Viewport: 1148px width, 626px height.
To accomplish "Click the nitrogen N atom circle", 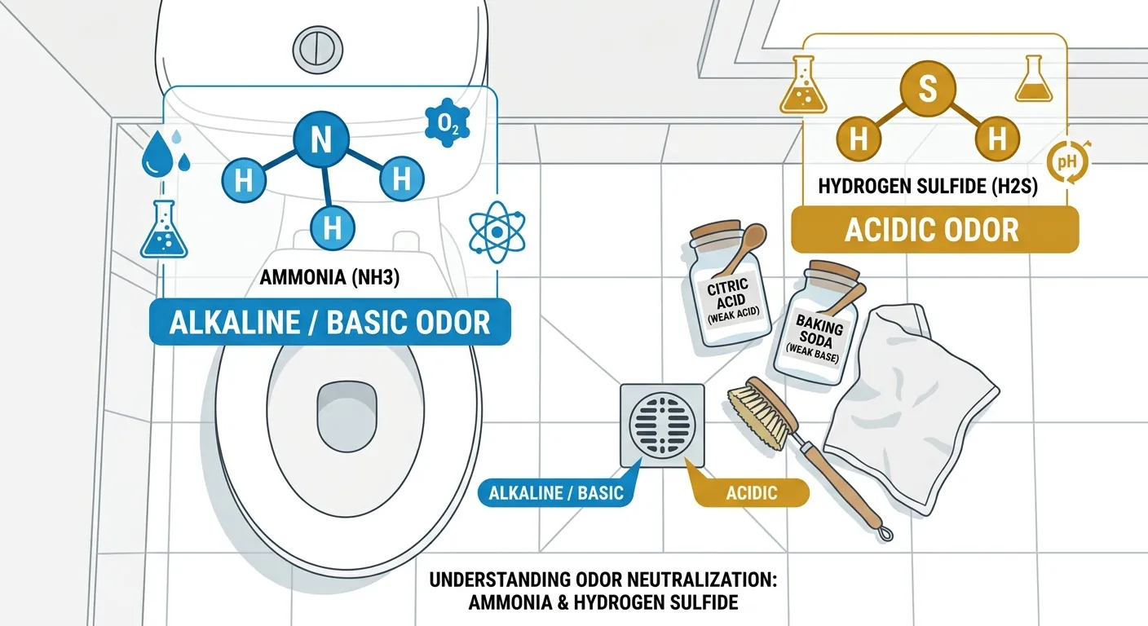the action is pyautogui.click(x=321, y=139).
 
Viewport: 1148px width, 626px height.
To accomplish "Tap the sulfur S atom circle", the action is pyautogui.click(x=928, y=88).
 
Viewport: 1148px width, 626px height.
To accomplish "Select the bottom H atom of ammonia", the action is pyautogui.click(x=332, y=227).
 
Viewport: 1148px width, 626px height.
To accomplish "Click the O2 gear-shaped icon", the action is pyautogui.click(x=448, y=123).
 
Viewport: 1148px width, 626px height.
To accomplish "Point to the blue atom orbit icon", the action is pyautogui.click(x=497, y=231).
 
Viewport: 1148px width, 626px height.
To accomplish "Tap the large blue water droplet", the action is pyautogui.click(x=156, y=154).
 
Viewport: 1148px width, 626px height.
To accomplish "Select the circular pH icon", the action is pyautogui.click(x=1068, y=162).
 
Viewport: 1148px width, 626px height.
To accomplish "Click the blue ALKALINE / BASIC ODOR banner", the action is pyautogui.click(x=329, y=322).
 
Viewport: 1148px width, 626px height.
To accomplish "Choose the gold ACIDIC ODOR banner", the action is pyautogui.click(x=935, y=230).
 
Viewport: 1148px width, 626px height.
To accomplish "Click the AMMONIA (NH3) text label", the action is pyautogui.click(x=329, y=277).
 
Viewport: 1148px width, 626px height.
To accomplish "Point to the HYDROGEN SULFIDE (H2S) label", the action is pyautogui.click(x=928, y=186).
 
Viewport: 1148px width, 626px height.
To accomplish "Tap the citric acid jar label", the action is pyautogui.click(x=731, y=302).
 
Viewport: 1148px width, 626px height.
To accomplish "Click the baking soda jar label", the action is pyautogui.click(x=817, y=339).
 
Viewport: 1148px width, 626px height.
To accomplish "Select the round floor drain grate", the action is pyautogui.click(x=662, y=425).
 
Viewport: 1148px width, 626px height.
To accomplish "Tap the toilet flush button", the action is pyautogui.click(x=318, y=50).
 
